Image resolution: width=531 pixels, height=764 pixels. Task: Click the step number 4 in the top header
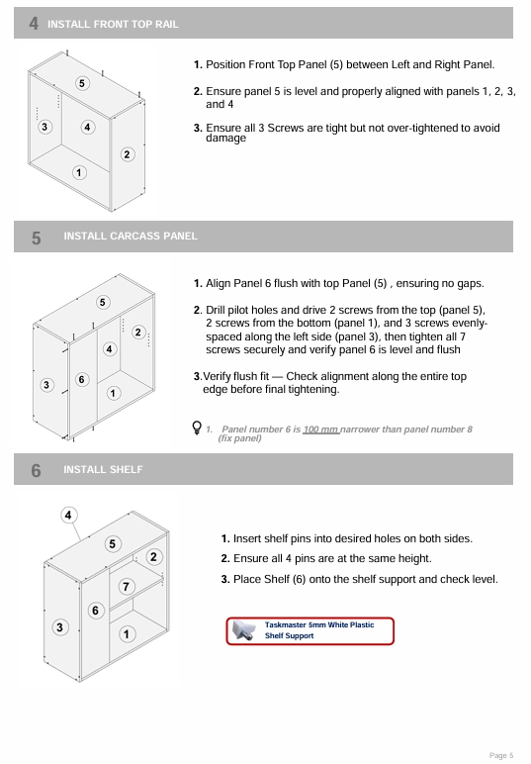click(x=34, y=24)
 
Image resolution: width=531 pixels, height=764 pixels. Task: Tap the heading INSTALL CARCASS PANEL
click(x=131, y=237)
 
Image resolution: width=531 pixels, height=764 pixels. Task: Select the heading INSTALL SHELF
click(x=103, y=469)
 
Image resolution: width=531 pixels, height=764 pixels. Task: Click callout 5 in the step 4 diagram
click(x=82, y=83)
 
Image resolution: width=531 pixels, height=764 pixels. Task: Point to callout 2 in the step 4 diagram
click(x=127, y=154)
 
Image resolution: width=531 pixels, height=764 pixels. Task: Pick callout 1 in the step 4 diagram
click(x=79, y=172)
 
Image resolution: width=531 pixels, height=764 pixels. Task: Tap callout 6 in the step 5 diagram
click(x=81, y=379)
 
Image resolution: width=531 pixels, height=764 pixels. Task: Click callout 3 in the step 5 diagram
click(x=46, y=385)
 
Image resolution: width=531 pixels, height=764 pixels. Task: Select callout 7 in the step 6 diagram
click(x=126, y=586)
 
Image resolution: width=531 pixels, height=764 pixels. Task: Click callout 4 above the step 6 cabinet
click(x=68, y=515)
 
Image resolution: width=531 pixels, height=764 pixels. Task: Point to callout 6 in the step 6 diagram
click(x=95, y=611)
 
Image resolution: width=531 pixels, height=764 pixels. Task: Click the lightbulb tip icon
click(x=197, y=428)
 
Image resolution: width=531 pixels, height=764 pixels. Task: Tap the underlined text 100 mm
click(x=321, y=430)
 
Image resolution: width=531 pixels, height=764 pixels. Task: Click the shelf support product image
click(x=244, y=630)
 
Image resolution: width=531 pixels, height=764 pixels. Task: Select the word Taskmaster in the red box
click(x=285, y=624)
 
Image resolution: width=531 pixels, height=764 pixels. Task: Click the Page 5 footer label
click(x=500, y=755)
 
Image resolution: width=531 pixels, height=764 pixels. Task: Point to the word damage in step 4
click(x=225, y=138)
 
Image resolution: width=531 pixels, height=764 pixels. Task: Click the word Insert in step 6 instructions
click(x=246, y=538)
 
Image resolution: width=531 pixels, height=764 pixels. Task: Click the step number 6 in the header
click(x=36, y=471)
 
